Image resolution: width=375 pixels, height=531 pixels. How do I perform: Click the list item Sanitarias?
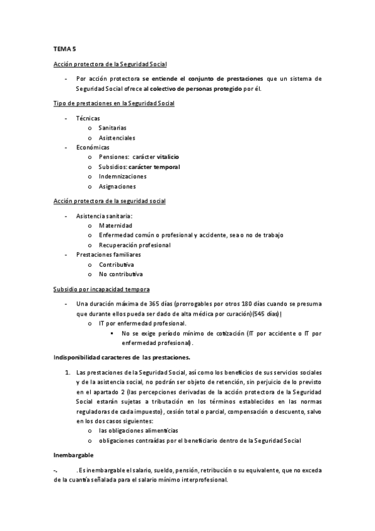pos(113,128)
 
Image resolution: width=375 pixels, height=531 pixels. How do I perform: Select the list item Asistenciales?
pos(117,138)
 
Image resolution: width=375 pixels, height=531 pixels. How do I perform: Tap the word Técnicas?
pos(88,118)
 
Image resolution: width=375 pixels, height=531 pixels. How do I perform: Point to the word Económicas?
pos(92,147)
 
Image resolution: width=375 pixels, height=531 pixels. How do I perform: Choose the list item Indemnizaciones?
pos(122,177)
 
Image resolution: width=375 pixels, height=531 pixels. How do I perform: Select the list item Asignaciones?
pos(117,187)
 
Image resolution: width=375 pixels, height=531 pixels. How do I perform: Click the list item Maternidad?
pos(115,225)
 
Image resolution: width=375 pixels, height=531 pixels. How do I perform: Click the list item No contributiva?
pos(121,274)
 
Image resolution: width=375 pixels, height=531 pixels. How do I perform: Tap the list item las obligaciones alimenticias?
pos(138,431)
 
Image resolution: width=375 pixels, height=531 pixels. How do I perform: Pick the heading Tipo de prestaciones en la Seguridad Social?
pos(113,103)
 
